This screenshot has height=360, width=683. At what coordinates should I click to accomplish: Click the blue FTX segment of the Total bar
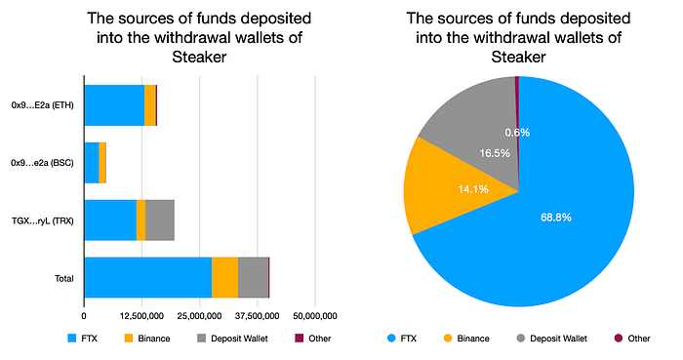pyautogui.click(x=148, y=278)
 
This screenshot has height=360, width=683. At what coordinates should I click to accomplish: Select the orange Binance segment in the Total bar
pyautogui.click(x=224, y=278)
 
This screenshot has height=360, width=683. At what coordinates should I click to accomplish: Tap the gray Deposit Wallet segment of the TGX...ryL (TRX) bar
pyautogui.click(x=160, y=220)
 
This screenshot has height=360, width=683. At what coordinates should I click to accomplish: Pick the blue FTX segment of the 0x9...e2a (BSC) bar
pyautogui.click(x=92, y=162)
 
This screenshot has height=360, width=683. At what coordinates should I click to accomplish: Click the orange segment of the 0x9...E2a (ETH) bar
pyautogui.click(x=150, y=105)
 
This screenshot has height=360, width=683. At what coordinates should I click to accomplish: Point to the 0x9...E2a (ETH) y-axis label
pyautogui.click(x=42, y=105)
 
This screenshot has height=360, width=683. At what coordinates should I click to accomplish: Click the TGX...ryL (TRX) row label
pyautogui.click(x=42, y=220)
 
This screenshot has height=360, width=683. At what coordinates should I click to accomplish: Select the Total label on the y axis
pyautogui.click(x=64, y=279)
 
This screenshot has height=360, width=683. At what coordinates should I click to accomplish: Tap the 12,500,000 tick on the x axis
pyautogui.click(x=141, y=316)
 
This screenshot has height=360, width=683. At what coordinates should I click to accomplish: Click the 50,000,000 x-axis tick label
pyautogui.click(x=315, y=316)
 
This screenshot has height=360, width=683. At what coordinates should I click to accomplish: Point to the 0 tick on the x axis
pyautogui.click(x=84, y=316)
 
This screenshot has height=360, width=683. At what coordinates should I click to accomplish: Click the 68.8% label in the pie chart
pyautogui.click(x=556, y=218)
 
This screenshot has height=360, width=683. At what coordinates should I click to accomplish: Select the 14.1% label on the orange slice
pyautogui.click(x=473, y=189)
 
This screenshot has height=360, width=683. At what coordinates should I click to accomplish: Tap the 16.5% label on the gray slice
pyautogui.click(x=495, y=153)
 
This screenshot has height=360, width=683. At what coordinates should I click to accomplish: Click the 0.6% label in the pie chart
pyautogui.click(x=517, y=133)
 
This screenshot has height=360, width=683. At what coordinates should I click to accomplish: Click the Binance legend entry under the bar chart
pyautogui.click(x=147, y=339)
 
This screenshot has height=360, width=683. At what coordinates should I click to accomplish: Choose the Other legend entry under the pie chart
pyautogui.click(x=632, y=339)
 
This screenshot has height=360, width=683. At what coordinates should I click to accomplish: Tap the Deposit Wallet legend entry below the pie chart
pyautogui.click(x=552, y=339)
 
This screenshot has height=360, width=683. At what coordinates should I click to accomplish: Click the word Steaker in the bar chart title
pyautogui.click(x=199, y=57)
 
